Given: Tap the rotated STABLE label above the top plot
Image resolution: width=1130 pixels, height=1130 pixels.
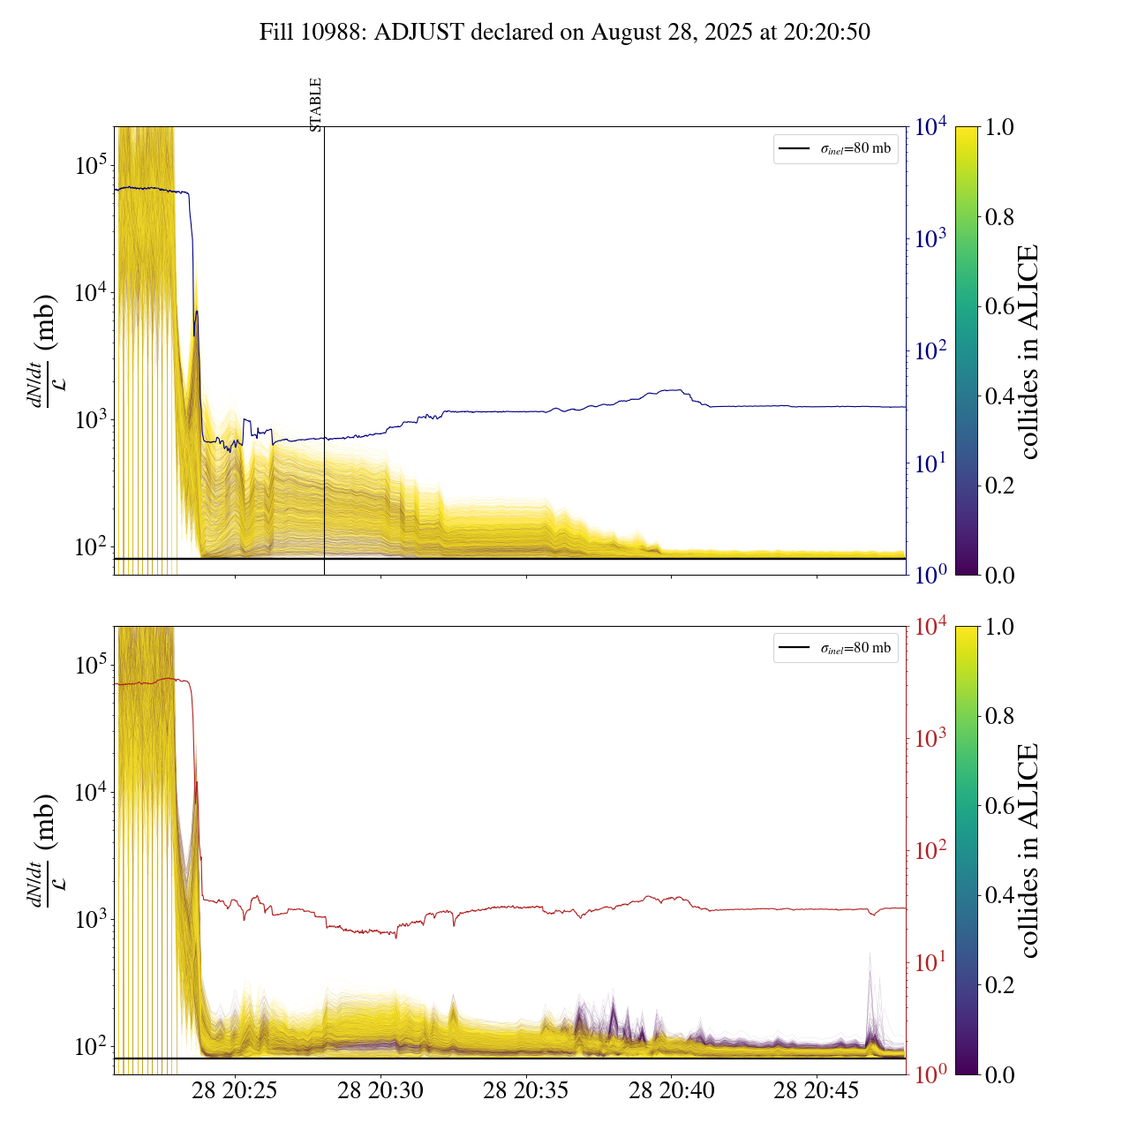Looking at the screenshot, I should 316,104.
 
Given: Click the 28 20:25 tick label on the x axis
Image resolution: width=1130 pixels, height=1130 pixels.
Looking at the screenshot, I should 234,1091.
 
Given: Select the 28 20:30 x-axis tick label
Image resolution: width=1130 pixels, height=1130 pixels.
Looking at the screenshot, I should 380,1091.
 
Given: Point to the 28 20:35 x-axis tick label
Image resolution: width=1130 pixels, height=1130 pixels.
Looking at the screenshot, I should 526,1091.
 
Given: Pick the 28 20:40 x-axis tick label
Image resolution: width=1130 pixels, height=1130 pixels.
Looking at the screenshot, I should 671,1091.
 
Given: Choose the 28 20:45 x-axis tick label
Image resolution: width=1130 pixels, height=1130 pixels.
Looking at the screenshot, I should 817,1091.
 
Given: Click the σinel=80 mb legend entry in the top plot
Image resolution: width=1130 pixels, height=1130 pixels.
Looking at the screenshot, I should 836,149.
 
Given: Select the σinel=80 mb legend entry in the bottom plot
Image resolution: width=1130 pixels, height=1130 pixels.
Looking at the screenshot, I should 836,648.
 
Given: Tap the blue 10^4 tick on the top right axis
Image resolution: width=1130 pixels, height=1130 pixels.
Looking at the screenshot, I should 931,127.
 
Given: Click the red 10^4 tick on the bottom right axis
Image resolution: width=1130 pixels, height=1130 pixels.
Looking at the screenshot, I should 931,627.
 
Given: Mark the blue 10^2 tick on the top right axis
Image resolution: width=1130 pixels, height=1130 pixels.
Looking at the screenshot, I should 931,350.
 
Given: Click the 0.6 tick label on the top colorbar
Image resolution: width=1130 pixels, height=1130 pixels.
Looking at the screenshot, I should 999,306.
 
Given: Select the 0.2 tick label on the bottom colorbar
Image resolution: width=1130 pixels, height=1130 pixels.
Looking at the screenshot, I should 999,984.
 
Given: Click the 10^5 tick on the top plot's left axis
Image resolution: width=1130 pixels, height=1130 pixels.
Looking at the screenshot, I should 90,165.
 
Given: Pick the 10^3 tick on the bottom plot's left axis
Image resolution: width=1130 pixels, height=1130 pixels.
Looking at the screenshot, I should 90,919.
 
